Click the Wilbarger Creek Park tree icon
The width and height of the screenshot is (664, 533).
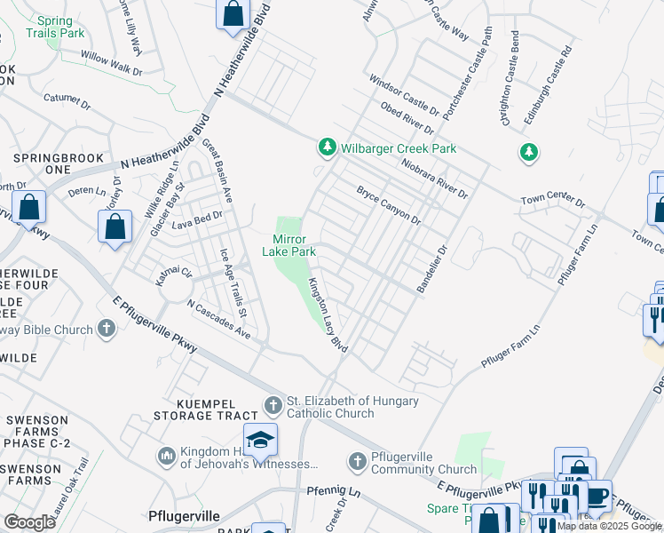[x=328, y=147]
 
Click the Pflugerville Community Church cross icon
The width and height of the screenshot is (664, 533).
[x=357, y=461]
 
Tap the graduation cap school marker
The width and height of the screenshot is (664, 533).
[x=260, y=440]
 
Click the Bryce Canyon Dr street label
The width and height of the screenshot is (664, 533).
[x=389, y=205]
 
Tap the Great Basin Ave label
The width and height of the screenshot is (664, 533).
[x=217, y=169]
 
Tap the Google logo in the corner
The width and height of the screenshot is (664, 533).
[x=29, y=522]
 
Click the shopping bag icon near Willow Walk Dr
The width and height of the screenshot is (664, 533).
[x=233, y=14]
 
